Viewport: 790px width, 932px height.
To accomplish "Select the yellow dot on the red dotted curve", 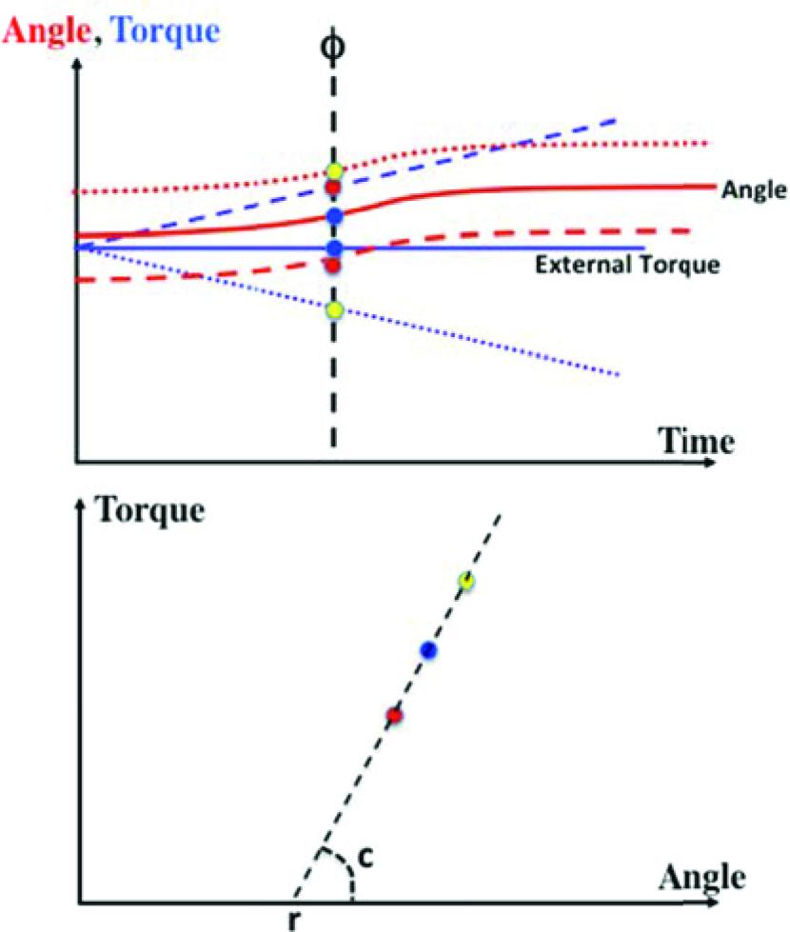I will [x=333, y=171].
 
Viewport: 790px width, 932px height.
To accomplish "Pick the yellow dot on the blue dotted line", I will [x=333, y=310].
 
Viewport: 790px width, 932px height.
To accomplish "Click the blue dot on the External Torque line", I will [x=333, y=248].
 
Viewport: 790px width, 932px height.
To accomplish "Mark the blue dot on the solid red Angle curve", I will [x=333, y=216].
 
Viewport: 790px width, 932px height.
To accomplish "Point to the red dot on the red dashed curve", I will [x=333, y=264].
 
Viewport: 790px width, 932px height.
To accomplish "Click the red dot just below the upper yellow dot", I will [x=333, y=187].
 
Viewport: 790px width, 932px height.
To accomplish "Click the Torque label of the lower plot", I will [x=151, y=509].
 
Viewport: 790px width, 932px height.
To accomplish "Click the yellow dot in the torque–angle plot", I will [x=465, y=580].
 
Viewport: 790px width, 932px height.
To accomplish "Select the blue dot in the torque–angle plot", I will [x=429, y=650].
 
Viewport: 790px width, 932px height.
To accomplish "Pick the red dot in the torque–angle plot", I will [x=394, y=715].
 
